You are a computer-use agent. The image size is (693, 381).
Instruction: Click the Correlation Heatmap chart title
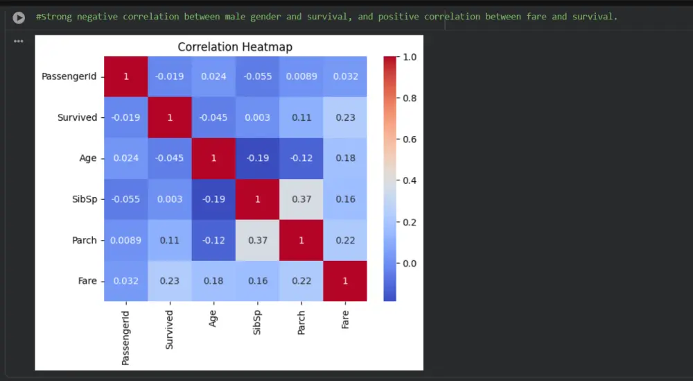point(235,47)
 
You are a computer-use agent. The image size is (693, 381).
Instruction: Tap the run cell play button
point(19,17)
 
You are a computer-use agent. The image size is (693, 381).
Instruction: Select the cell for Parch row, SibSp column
point(257,240)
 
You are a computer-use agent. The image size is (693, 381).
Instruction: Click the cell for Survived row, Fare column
point(344,117)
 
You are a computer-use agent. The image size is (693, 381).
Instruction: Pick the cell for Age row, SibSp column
point(257,158)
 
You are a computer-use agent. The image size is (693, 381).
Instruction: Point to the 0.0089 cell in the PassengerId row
point(301,76)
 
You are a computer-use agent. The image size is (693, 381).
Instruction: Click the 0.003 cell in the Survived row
point(257,117)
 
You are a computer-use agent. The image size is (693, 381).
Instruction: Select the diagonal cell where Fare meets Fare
point(344,281)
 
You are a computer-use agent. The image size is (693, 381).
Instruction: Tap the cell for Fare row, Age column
point(213,281)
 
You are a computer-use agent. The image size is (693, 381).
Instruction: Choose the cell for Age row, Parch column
point(301,158)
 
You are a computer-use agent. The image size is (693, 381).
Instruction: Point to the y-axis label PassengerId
point(69,76)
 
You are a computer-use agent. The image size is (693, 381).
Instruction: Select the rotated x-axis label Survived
point(169,330)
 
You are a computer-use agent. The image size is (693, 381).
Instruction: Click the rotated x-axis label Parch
point(301,322)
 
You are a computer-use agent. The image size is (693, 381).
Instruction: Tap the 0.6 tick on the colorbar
point(410,139)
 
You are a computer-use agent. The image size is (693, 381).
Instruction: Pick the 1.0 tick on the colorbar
point(410,57)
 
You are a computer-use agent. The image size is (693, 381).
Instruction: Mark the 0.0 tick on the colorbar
point(410,263)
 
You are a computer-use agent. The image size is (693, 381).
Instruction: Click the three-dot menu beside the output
point(19,41)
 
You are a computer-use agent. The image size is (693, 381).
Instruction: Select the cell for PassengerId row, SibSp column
point(257,76)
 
